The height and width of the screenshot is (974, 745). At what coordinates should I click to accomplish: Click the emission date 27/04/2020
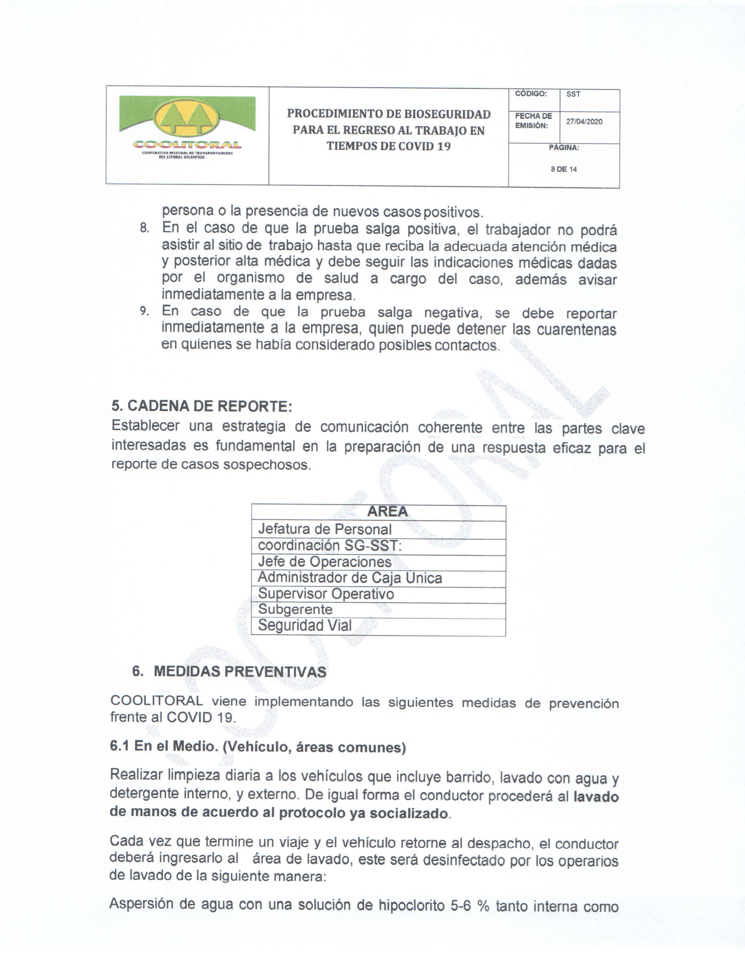[584, 122]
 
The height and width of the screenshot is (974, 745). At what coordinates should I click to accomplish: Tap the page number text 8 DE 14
[564, 169]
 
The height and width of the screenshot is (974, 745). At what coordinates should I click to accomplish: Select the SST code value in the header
[573, 94]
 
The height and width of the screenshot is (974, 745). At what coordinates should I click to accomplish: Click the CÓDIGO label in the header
[531, 93]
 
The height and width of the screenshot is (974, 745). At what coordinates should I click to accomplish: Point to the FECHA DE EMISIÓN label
[533, 121]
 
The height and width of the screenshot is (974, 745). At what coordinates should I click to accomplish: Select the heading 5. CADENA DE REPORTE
[202, 406]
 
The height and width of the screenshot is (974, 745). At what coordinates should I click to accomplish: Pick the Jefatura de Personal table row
[325, 529]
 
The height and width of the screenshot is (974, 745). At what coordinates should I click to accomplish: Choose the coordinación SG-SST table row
[330, 545]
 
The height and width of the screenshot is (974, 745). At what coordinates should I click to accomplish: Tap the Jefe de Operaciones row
[325, 562]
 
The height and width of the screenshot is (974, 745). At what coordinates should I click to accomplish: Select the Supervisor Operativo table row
[326, 594]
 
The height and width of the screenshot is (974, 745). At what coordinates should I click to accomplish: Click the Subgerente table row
[295, 610]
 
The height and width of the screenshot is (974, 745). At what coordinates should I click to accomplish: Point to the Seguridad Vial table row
[305, 626]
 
